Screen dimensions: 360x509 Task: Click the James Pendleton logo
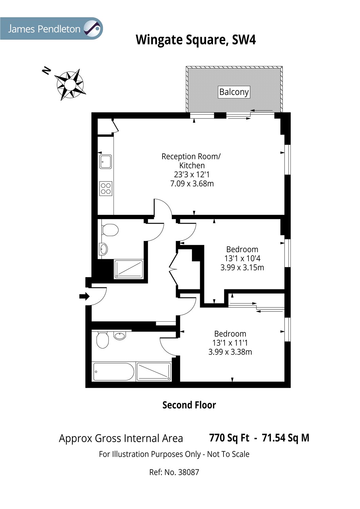(51, 29)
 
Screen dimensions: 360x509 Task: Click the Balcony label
(234, 92)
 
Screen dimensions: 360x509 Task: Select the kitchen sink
(106, 162)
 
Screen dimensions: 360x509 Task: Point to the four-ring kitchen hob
(106, 189)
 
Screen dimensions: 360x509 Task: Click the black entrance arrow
(84, 296)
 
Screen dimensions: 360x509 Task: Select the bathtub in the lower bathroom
(113, 372)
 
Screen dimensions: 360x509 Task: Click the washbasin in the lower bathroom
(120, 336)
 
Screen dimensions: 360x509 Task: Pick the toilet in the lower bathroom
(102, 340)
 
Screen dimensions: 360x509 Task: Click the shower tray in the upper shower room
(129, 269)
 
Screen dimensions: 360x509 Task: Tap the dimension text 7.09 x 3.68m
(192, 184)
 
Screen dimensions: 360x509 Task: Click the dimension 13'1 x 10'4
(242, 258)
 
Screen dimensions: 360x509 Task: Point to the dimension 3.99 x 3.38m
(230, 352)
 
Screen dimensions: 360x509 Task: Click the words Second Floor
(189, 405)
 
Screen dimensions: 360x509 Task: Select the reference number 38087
(188, 472)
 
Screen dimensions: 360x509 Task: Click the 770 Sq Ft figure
(229, 438)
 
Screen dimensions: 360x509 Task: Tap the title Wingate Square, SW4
(196, 40)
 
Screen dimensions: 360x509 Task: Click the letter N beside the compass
(47, 71)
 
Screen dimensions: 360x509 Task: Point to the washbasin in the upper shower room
(103, 249)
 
